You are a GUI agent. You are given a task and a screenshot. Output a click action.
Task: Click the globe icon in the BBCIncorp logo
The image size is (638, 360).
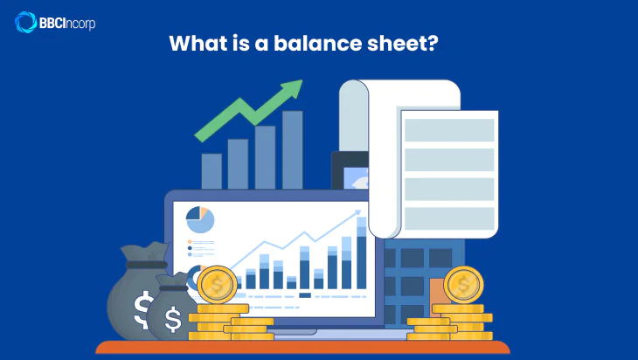[24, 22]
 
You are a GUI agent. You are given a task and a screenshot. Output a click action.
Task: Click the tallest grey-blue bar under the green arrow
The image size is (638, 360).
[292, 149]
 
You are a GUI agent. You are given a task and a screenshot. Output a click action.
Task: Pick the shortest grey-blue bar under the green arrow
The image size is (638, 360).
[212, 171]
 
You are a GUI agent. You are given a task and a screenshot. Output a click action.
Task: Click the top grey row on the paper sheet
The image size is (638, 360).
[448, 130]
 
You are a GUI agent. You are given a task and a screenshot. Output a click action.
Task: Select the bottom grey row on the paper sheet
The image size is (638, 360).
[448, 218]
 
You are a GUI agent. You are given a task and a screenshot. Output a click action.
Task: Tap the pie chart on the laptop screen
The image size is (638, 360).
[200, 219]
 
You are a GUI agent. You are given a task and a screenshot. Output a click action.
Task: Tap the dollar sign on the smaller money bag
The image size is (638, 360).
[173, 320]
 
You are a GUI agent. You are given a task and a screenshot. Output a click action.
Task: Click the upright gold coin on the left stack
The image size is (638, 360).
[217, 284]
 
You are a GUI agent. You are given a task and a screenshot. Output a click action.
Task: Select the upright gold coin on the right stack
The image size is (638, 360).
[462, 284]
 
